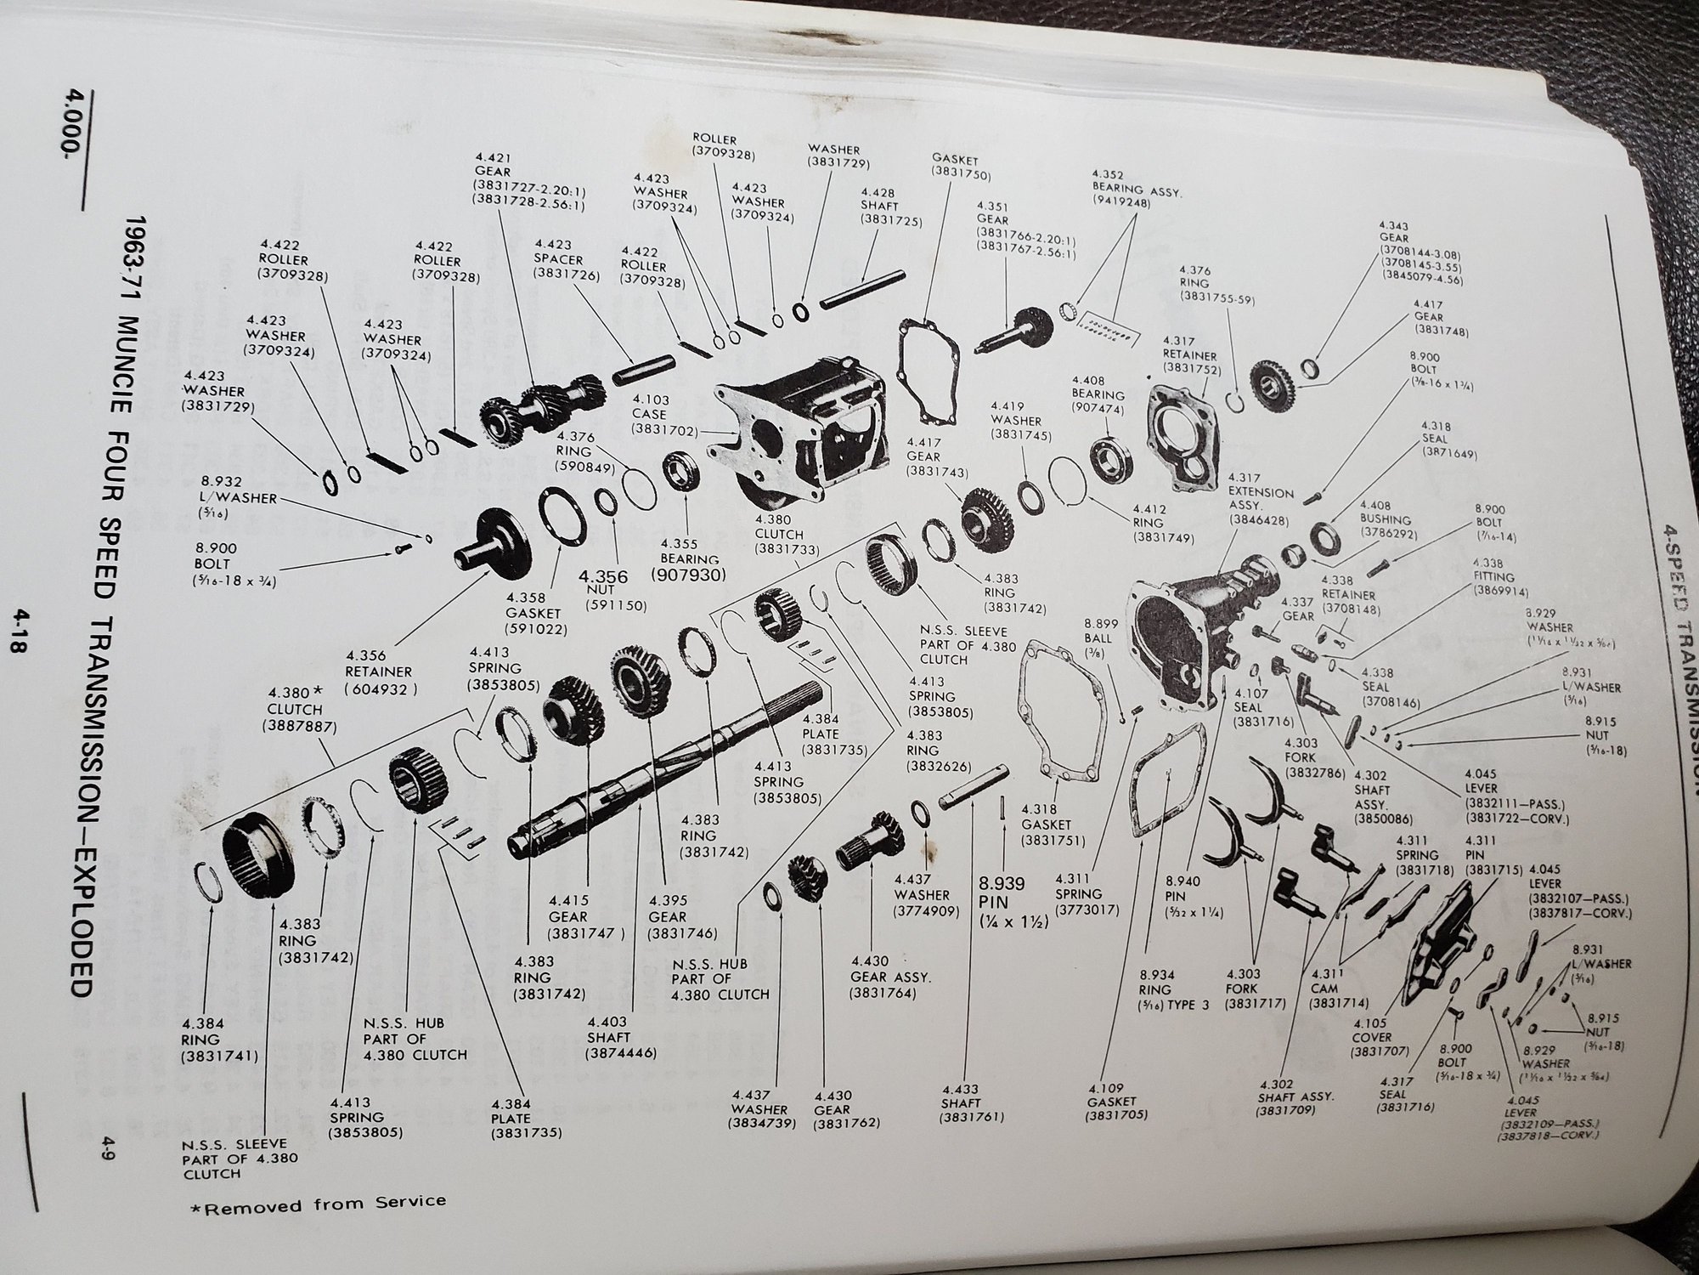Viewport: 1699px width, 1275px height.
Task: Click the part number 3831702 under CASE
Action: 664,430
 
